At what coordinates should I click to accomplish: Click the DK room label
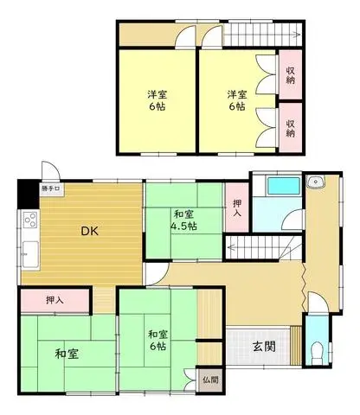(x=89, y=231)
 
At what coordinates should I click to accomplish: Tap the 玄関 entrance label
(x=264, y=346)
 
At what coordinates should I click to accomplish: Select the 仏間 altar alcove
(x=210, y=380)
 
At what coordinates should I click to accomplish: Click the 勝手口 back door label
(x=51, y=188)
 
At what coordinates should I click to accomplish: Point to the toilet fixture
(x=318, y=350)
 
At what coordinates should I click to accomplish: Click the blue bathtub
(x=285, y=186)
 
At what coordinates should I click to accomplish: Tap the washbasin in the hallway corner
(x=315, y=182)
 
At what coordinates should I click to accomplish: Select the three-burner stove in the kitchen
(x=30, y=220)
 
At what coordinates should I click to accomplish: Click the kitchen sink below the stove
(x=30, y=254)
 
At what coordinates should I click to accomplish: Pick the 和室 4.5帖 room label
(x=183, y=220)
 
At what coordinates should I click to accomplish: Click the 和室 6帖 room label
(x=157, y=341)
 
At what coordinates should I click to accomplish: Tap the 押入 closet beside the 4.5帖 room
(x=237, y=207)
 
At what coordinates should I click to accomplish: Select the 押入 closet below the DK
(x=55, y=300)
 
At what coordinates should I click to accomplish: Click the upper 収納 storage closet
(x=291, y=75)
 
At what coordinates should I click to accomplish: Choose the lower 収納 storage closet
(x=291, y=128)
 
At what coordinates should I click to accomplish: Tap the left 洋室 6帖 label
(x=157, y=100)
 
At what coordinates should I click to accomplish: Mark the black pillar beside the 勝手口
(x=29, y=194)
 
